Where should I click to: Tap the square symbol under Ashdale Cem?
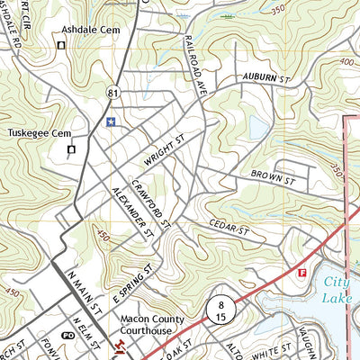click(61, 45)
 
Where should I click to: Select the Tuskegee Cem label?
click(38, 133)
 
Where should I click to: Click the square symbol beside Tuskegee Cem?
click(70, 149)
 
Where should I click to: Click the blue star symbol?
click(111, 121)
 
